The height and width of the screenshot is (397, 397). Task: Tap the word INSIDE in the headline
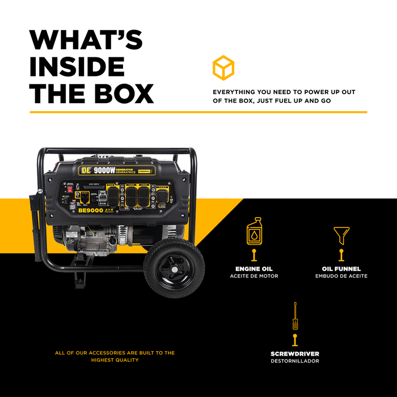coord(77,66)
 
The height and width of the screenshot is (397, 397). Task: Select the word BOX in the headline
coord(121,94)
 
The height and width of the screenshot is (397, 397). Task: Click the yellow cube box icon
coord(223,67)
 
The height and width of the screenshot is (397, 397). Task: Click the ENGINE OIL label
coord(254,269)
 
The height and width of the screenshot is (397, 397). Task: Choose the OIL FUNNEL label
coord(341,269)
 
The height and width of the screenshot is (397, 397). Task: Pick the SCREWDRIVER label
coord(295,354)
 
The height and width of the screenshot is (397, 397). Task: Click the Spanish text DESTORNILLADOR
coord(295,361)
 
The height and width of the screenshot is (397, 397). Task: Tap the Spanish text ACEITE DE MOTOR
coord(254,276)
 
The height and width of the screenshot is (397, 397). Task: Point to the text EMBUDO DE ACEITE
coord(341,276)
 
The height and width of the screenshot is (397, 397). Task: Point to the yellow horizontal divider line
coord(198,112)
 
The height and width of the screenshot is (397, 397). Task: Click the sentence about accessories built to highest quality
coord(115,356)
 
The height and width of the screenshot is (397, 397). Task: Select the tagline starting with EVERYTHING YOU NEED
coord(284,96)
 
